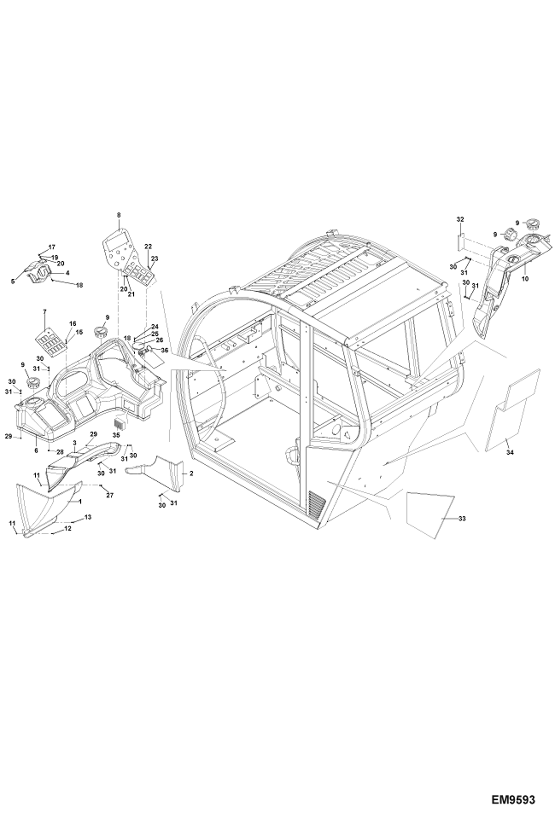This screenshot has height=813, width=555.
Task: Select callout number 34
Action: tap(510, 452)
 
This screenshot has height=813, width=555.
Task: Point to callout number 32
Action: tap(460, 220)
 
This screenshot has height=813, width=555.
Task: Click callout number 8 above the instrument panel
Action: tap(119, 215)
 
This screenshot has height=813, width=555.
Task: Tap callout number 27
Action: tap(110, 495)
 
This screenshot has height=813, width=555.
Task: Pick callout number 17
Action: tap(51, 247)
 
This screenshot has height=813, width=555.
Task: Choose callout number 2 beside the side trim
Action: tap(191, 474)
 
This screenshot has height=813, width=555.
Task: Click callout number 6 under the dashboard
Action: tap(36, 451)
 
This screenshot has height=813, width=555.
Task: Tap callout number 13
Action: tap(88, 517)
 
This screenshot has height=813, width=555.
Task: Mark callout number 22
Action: tap(148, 246)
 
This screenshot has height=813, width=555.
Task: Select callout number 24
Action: tap(154, 327)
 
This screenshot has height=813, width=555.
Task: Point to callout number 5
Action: tap(13, 282)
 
